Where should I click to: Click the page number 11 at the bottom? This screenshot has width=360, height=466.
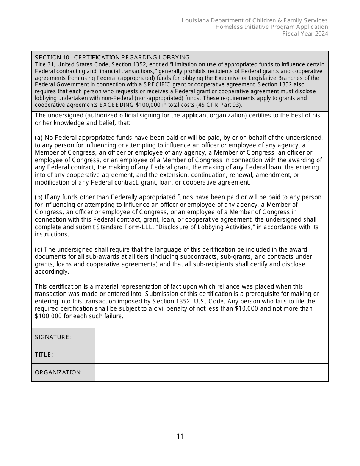tap(180, 436)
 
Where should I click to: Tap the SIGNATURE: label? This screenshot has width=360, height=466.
tap(53, 337)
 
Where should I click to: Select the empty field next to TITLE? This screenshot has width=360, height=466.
tap(211, 355)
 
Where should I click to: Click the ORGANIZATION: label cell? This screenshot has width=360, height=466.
tap(58, 372)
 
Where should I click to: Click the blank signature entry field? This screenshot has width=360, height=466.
tap(211, 337)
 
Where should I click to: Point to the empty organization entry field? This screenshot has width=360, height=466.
tap(211, 372)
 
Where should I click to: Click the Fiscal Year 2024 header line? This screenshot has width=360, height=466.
tap(305, 34)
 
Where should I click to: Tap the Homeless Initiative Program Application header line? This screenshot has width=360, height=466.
tap(272, 27)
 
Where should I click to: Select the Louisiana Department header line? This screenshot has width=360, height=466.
tap(255, 20)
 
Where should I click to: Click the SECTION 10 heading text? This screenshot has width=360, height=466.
tap(112, 58)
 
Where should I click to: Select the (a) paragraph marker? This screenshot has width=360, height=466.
tap(39, 138)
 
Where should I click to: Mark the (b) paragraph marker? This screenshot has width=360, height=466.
tap(39, 197)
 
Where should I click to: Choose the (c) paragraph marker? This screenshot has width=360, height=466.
tap(39, 249)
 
